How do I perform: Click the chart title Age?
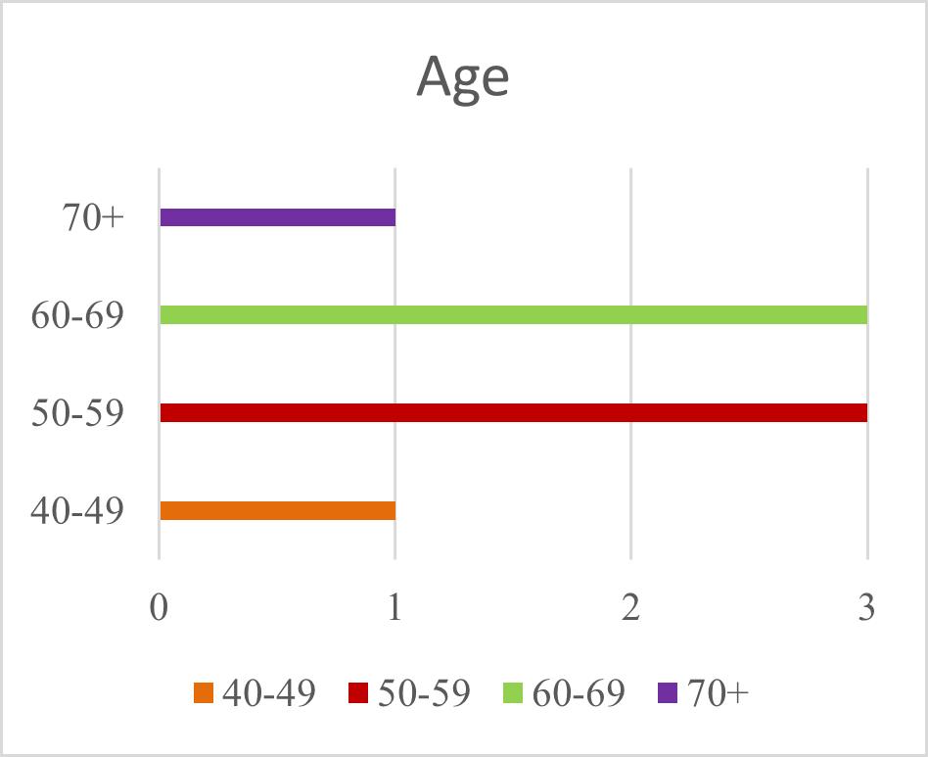point(463,76)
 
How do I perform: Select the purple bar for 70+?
point(277,217)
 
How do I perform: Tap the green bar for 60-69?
point(513,315)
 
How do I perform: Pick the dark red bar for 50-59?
point(513,413)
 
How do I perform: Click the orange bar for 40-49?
point(277,511)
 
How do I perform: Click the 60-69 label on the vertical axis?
point(77,315)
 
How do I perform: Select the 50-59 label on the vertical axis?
point(77,413)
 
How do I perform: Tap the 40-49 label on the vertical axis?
point(77,511)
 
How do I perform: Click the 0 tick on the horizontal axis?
point(160,608)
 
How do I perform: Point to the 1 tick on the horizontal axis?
point(394,608)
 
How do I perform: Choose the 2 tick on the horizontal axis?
point(630,608)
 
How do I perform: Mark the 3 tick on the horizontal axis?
point(866,608)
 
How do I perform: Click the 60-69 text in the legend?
point(580,693)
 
